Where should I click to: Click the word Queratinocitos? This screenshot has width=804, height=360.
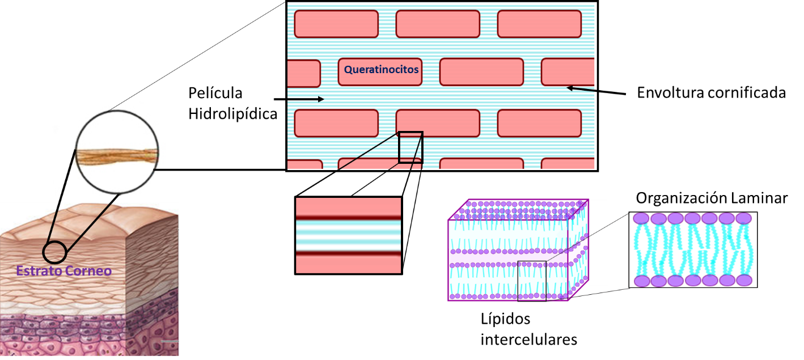(x=381, y=70)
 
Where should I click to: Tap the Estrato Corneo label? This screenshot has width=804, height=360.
(x=64, y=271)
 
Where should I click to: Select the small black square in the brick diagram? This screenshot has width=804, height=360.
(x=411, y=147)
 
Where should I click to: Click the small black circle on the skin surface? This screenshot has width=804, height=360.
(x=54, y=252)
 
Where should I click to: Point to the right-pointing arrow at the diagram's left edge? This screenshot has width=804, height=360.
(x=306, y=99)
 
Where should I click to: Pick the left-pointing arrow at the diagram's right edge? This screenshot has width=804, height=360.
(x=581, y=88)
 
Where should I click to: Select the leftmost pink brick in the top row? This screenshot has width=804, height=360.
(x=336, y=24)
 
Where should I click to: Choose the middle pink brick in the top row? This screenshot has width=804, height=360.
(x=437, y=24)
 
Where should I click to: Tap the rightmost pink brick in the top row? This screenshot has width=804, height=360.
(x=539, y=24)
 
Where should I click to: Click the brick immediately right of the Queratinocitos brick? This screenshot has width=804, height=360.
(x=481, y=72)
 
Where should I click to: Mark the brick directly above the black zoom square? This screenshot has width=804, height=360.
(x=437, y=123)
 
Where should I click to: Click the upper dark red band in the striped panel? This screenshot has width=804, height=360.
(x=348, y=218)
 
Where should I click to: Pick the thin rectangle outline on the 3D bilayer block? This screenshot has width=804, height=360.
(x=532, y=280)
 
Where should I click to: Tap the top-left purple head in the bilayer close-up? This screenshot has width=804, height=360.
(x=641, y=219)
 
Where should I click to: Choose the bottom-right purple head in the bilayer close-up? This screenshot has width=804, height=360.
(x=744, y=281)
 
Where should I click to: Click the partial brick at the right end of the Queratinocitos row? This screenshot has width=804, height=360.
(x=568, y=72)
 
